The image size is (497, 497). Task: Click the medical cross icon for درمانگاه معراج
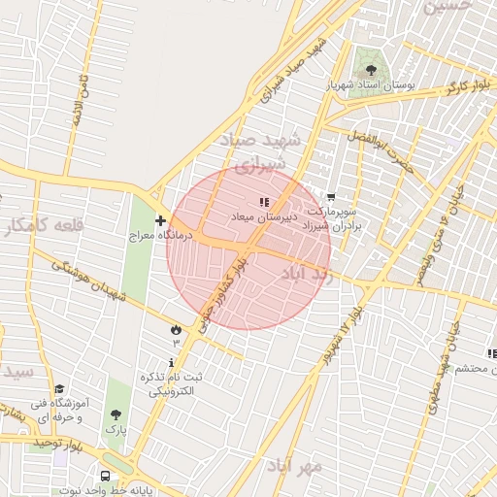[161, 220]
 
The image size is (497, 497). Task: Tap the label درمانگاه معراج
[163, 235]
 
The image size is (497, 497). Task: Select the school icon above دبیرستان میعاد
[264, 201]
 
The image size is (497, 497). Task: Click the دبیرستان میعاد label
[256, 215]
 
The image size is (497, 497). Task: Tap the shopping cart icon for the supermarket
[332, 197]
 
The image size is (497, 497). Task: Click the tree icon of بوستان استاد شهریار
[370, 70]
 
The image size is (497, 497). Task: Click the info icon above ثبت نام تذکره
[173, 362]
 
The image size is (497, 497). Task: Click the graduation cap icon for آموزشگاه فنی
[59, 389]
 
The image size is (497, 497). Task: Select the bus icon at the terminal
[104, 476]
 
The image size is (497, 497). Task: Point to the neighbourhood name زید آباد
[307, 275]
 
